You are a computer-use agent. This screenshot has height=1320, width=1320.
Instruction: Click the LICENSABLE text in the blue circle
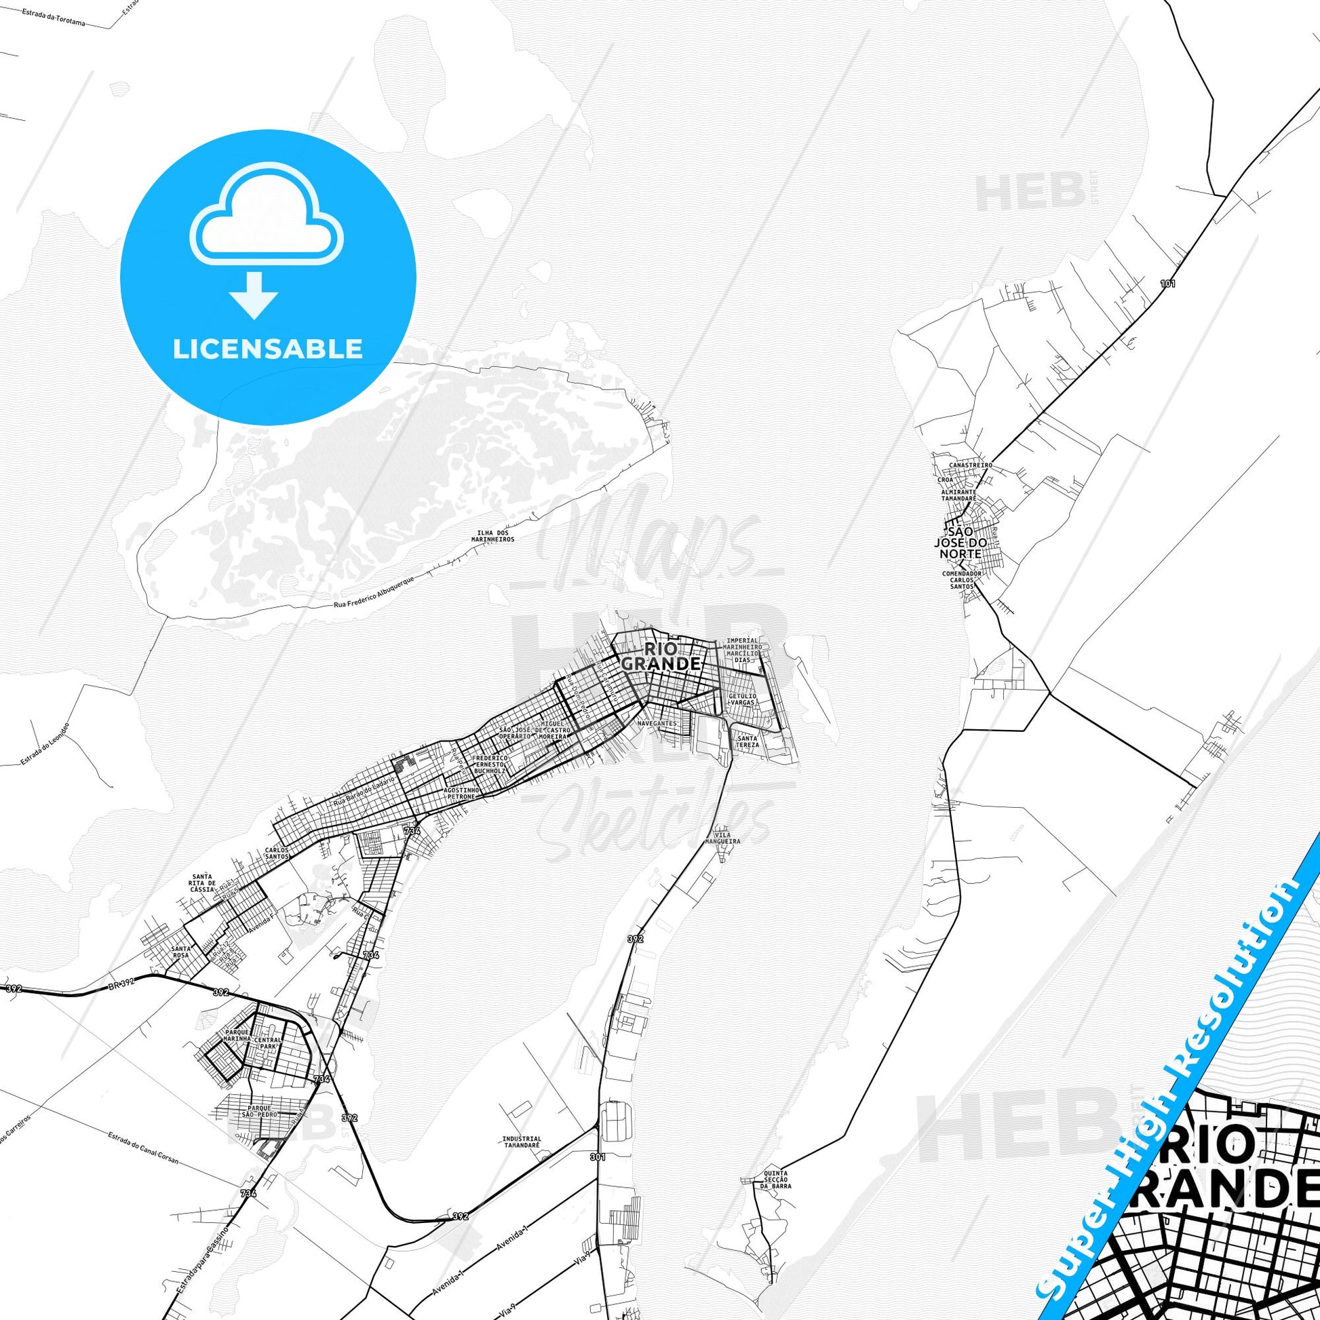(267, 349)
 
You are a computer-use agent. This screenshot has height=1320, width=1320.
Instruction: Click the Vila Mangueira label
(726, 838)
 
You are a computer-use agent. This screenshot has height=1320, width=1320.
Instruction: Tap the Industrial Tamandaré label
(522, 1142)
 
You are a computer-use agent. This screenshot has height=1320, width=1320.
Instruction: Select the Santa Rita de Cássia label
(203, 882)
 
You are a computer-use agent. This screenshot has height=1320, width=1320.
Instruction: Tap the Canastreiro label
(970, 465)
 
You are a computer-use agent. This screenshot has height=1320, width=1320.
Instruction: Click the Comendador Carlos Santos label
(961, 580)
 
